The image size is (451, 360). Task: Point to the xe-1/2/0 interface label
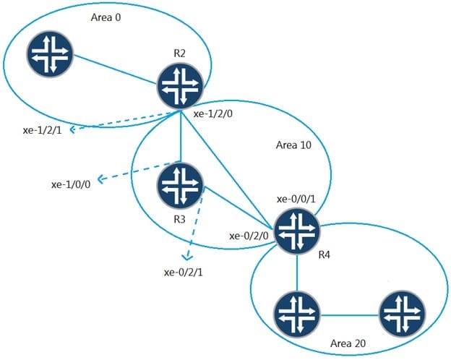click(x=215, y=114)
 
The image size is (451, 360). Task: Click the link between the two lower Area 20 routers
click(x=349, y=314)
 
